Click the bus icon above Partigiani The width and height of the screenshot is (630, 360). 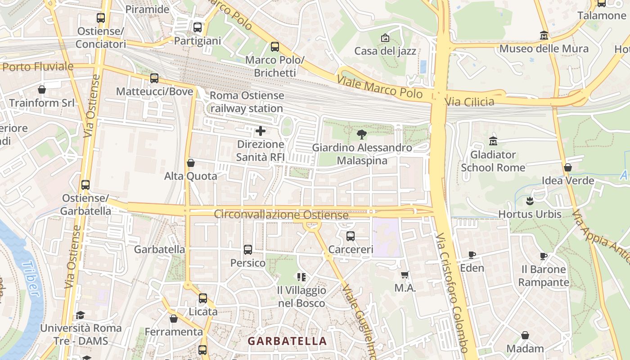(197, 27)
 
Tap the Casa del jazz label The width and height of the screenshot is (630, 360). (385, 51)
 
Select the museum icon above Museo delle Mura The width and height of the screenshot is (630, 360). (544, 35)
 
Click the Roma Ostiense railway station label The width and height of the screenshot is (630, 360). (247, 102)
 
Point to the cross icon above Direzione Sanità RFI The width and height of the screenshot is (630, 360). (260, 131)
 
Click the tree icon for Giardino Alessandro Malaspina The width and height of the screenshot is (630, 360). (361, 134)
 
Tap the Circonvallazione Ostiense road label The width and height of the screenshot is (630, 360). (281, 215)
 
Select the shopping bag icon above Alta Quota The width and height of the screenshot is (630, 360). (191, 162)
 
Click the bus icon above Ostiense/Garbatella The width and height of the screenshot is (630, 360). (85, 184)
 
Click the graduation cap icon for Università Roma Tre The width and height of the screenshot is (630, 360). (80, 315)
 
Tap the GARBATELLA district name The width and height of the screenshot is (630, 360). (287, 341)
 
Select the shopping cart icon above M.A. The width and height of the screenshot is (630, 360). (405, 274)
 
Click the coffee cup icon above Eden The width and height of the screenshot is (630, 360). (472, 255)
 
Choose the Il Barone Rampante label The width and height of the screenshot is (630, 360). (544, 276)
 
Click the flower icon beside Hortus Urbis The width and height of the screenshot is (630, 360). (530, 201)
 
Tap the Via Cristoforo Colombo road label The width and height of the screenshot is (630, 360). (452, 292)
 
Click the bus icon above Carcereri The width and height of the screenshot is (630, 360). (351, 236)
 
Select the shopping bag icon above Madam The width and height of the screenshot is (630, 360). (525, 335)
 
